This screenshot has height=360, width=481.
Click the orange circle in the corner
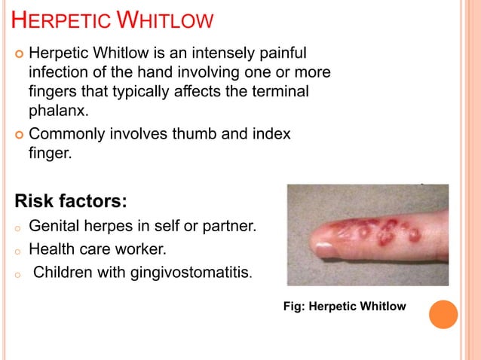click(443, 314)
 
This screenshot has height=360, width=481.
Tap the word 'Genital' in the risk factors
click(54, 225)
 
